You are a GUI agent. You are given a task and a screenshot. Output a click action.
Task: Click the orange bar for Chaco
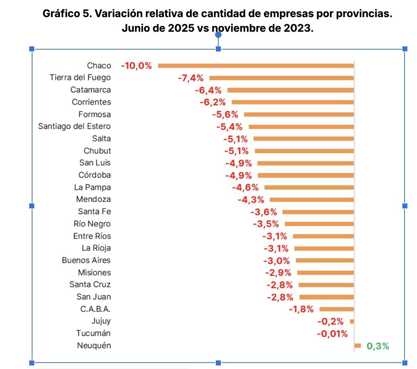click(256, 66)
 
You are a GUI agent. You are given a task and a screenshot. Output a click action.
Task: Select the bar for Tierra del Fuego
click(281, 78)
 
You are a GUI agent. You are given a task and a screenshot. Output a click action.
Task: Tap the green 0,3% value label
click(377, 346)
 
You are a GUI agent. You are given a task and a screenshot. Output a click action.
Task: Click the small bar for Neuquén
click(358, 345)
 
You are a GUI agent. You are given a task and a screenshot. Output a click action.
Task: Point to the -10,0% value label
click(136, 66)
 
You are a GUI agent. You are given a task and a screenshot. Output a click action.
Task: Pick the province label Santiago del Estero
click(74, 126)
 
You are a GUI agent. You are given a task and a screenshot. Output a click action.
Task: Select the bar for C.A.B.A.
click(336, 309)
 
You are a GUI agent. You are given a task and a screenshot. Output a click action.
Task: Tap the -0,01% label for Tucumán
click(332, 334)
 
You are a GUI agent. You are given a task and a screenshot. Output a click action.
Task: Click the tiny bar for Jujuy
click(352, 321)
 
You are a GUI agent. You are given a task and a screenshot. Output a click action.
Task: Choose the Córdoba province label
click(95, 175)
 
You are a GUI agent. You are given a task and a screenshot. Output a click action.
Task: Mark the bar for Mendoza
click(311, 199)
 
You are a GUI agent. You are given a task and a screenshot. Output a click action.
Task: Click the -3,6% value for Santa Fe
click(264, 212)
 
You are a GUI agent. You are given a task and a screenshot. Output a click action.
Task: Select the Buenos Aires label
click(86, 260)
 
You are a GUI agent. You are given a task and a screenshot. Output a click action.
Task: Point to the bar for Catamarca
click(290, 90)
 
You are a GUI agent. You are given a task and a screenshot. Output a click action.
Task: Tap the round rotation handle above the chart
click(218, 35)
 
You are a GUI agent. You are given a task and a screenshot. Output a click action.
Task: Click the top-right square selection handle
click(405, 49)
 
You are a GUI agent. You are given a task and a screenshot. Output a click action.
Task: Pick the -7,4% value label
click(190, 78)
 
